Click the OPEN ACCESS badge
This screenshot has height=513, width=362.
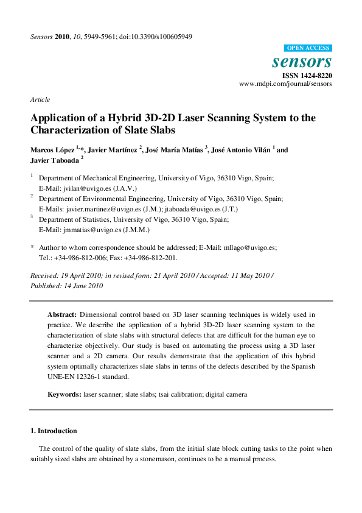click(x=308, y=48)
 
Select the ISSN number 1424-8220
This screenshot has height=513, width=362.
click(x=315, y=76)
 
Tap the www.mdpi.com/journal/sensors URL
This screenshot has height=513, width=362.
click(x=285, y=84)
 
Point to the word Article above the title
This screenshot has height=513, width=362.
click(x=40, y=99)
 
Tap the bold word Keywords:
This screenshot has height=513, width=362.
click(x=64, y=395)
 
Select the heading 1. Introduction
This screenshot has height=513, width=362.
click(x=54, y=431)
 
